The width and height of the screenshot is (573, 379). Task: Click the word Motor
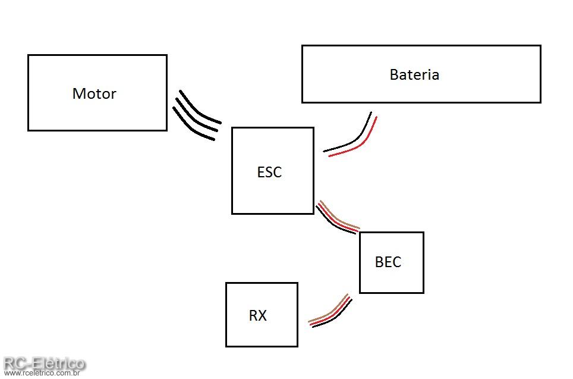94,93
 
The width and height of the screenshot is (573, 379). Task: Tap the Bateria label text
414,74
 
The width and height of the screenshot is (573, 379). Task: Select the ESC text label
269,172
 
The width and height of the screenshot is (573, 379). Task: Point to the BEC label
388,262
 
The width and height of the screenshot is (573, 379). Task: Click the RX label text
257,315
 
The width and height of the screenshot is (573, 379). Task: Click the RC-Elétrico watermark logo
44,362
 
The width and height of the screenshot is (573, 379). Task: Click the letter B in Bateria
393,74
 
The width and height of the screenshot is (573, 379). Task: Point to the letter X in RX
263,315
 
